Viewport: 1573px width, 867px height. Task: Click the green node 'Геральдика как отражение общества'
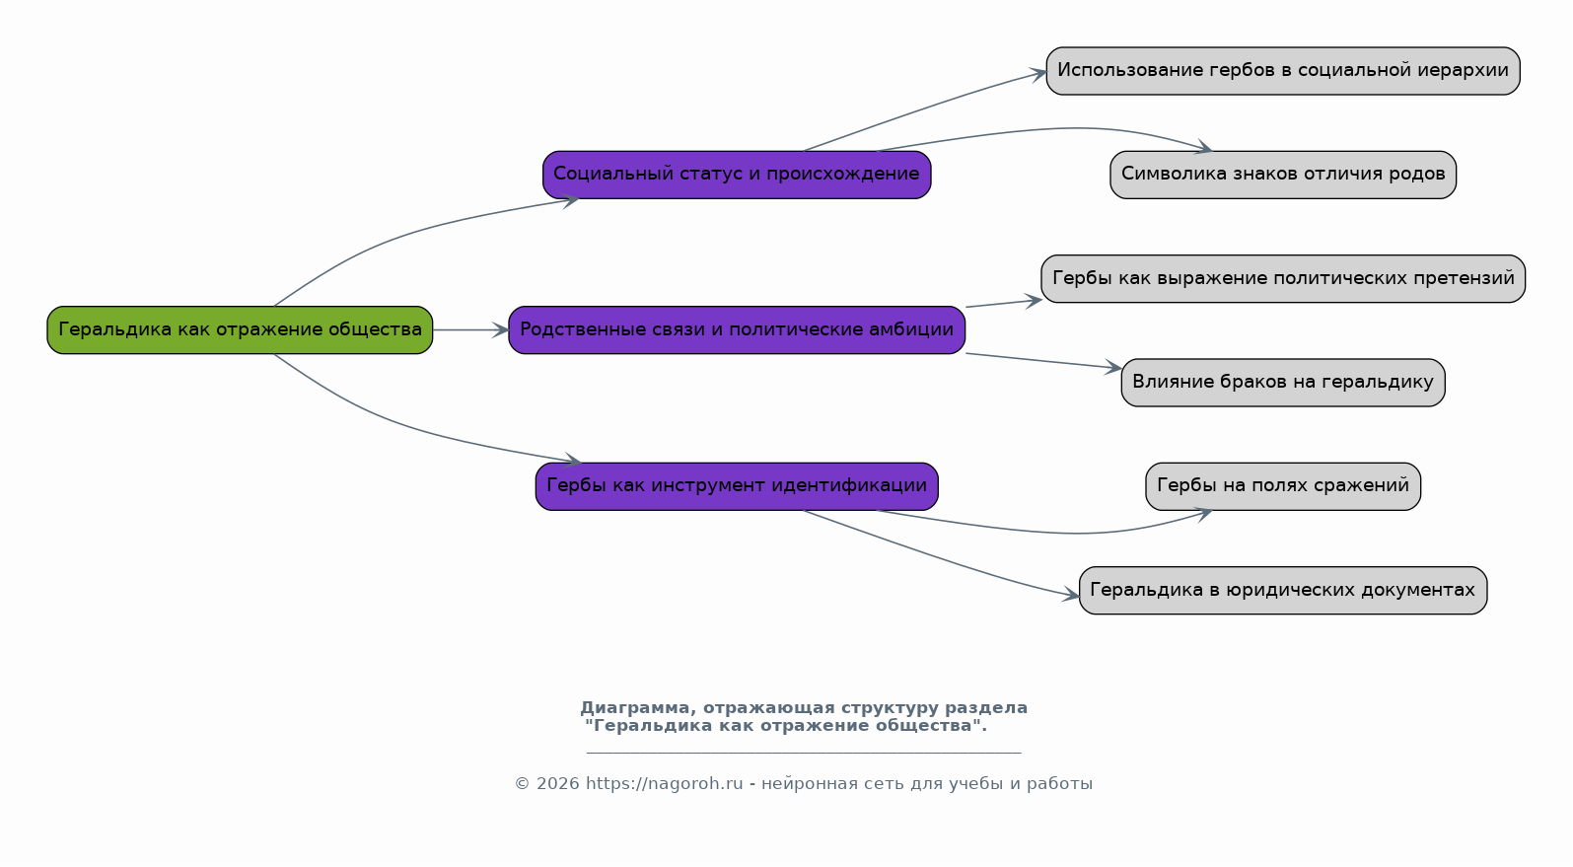coord(240,329)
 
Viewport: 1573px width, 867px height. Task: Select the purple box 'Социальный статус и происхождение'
coord(737,175)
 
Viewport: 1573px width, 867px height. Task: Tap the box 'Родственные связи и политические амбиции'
coord(737,329)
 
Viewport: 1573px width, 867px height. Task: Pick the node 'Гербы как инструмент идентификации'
coord(737,485)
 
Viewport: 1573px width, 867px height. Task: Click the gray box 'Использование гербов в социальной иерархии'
coord(1283,70)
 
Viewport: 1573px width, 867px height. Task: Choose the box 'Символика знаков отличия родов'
coord(1283,175)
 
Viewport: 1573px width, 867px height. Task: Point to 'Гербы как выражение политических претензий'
coord(1283,278)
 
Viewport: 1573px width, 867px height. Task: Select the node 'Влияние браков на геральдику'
coord(1283,383)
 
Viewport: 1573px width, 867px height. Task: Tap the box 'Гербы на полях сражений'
coord(1283,485)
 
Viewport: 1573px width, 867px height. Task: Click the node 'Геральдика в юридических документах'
coord(1283,590)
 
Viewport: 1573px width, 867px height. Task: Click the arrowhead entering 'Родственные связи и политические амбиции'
coord(500,329)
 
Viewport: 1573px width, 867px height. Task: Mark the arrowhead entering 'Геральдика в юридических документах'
coord(1071,596)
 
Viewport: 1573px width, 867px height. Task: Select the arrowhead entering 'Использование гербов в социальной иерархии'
coord(1038,74)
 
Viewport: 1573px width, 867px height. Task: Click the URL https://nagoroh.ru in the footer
coord(665,783)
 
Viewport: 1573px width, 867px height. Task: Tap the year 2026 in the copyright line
coord(558,783)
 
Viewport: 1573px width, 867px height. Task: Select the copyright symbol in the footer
coord(523,783)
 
